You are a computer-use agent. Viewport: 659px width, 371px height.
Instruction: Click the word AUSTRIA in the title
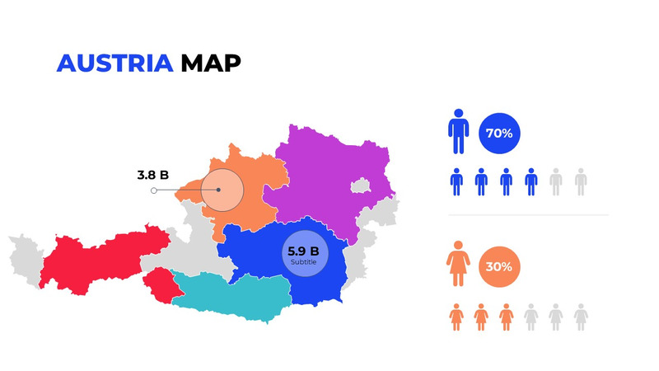pyautogui.click(x=115, y=63)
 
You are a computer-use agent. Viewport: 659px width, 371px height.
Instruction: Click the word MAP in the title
pyautogui.click(x=211, y=63)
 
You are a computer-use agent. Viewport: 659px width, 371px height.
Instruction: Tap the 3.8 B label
pyautogui.click(x=152, y=175)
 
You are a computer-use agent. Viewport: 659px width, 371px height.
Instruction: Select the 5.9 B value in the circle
pyautogui.click(x=302, y=251)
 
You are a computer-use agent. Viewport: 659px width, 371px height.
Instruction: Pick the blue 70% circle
pyautogui.click(x=499, y=133)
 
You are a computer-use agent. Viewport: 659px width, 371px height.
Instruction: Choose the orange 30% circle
pyautogui.click(x=499, y=266)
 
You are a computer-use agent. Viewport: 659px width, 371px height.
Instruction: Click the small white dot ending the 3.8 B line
pyautogui.click(x=154, y=190)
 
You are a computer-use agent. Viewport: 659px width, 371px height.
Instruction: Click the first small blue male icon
pyautogui.click(x=457, y=181)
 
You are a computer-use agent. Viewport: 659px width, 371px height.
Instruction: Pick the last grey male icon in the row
pyautogui.click(x=581, y=181)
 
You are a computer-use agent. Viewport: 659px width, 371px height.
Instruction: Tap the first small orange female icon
pyautogui.click(x=457, y=316)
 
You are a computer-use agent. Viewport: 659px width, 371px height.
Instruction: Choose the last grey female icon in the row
pyautogui.click(x=581, y=316)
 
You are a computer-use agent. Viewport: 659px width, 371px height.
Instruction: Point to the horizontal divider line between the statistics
pyautogui.click(x=527, y=215)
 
